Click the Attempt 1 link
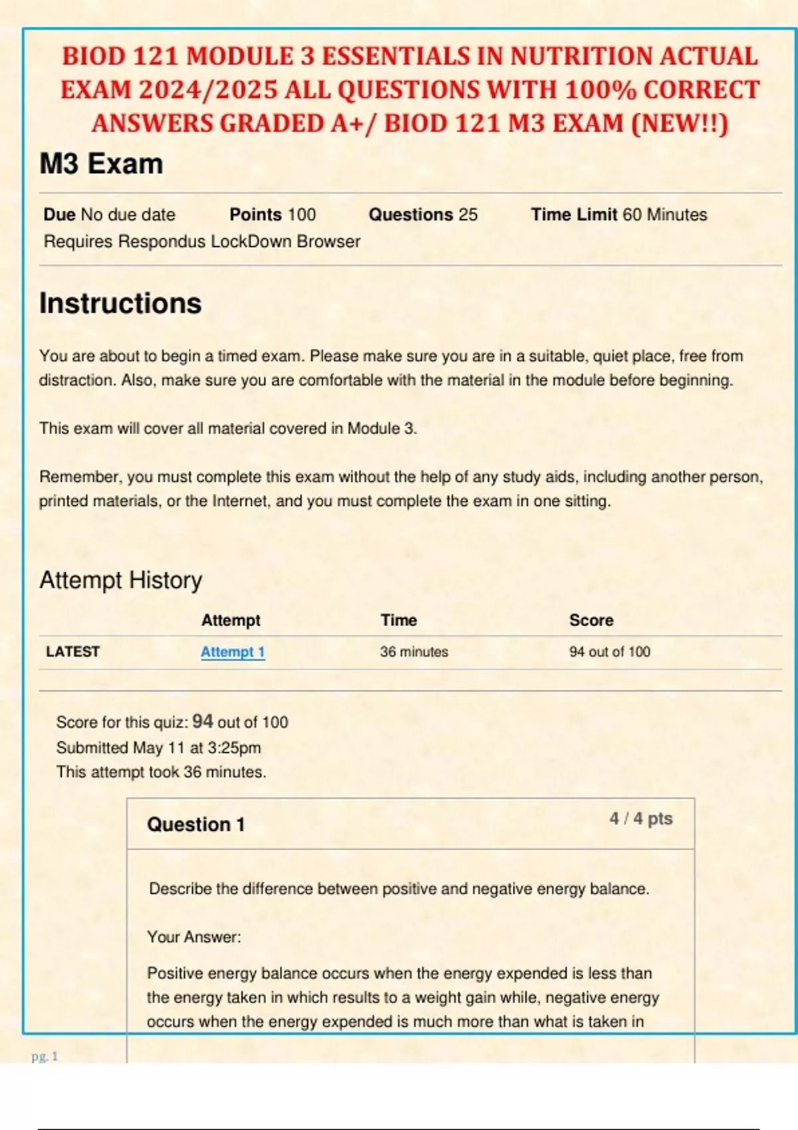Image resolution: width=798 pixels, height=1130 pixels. point(233,652)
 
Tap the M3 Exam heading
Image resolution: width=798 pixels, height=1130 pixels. point(101,164)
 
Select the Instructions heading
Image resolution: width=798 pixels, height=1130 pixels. point(120,304)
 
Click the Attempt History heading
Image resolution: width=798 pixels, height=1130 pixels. point(120,580)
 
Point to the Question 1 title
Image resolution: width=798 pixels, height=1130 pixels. point(196,825)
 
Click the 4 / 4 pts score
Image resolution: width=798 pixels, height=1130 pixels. point(641,819)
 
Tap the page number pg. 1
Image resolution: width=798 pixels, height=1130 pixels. point(45,1056)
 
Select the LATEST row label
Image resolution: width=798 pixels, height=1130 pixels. point(72,652)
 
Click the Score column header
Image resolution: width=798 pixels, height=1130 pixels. point(591,620)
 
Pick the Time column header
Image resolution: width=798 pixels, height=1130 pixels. point(399,620)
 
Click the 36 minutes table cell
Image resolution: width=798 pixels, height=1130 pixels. point(414,652)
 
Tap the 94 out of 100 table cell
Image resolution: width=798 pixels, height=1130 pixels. point(609,652)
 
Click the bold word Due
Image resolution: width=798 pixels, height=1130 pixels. point(59,215)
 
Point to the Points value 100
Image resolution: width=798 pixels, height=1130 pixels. point(302,215)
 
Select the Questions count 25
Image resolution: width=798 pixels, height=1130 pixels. point(468,215)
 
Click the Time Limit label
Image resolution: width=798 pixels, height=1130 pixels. point(574,215)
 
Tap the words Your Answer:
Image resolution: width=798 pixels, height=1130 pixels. point(194,937)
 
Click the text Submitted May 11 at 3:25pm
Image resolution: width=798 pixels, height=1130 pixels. point(158,748)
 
